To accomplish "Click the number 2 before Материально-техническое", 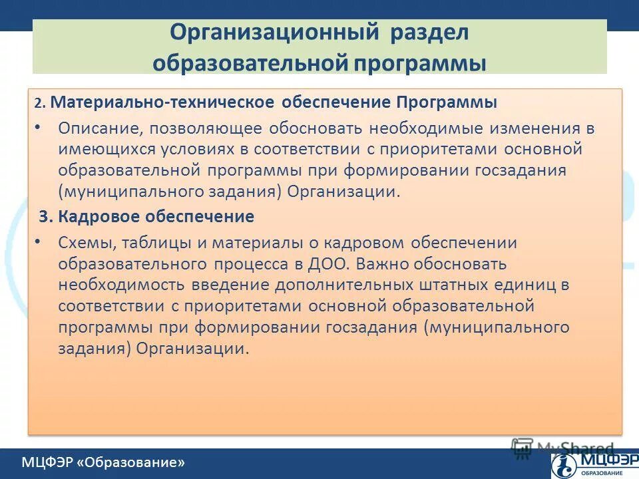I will pyautogui.click(x=39, y=104).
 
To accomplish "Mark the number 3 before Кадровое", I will pyautogui.click(x=44, y=216).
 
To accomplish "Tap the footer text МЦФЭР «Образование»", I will pyautogui.click(x=103, y=462).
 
